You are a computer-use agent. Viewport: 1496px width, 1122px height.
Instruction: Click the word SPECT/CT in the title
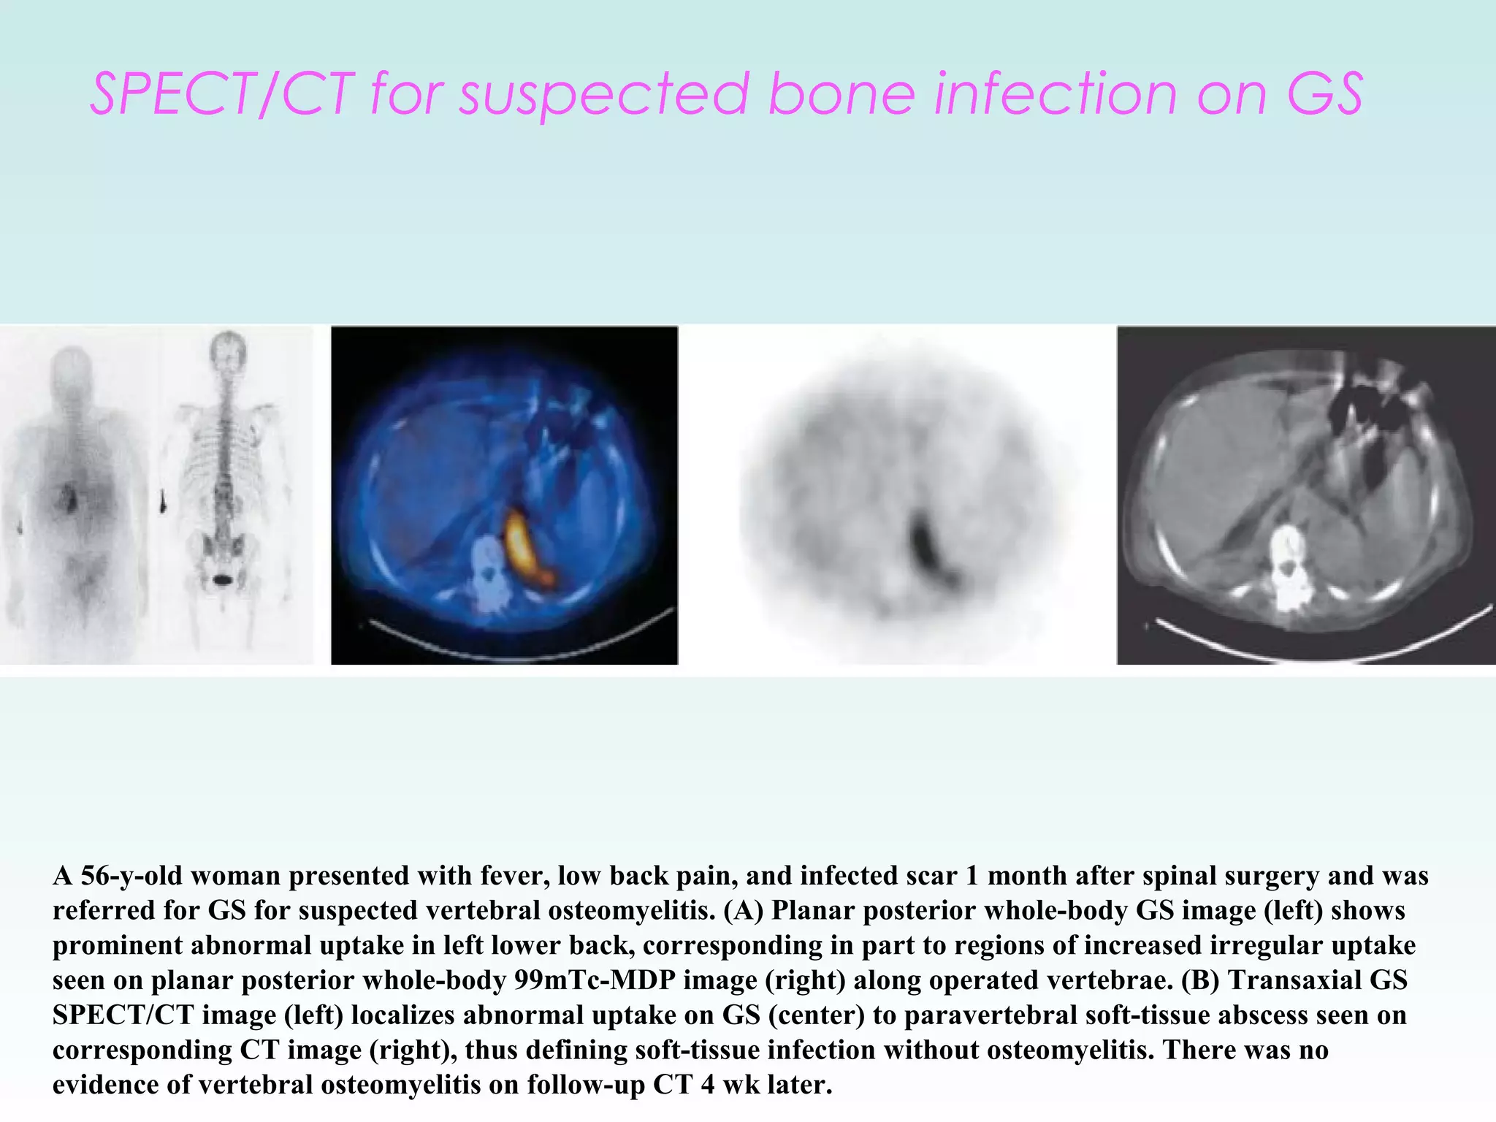point(223,95)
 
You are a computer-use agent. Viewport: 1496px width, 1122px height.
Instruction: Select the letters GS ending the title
point(1324,95)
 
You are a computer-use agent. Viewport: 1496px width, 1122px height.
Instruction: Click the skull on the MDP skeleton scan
point(228,351)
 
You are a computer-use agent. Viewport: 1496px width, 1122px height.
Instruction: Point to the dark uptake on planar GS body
point(69,499)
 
